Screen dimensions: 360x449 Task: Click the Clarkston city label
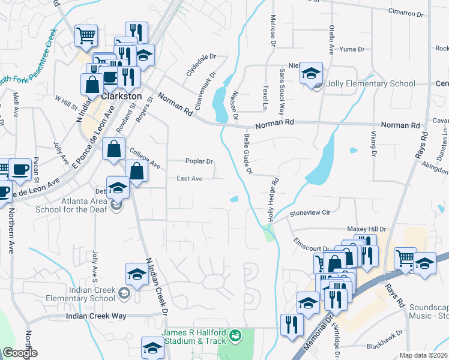point(121,95)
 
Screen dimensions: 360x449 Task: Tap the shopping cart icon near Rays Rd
point(405,259)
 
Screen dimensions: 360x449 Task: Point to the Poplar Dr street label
point(199,161)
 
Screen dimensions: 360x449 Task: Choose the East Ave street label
point(189,178)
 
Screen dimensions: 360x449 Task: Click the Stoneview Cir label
point(310,212)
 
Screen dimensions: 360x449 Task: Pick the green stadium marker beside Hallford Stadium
point(235,334)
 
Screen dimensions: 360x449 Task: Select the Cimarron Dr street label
point(405,12)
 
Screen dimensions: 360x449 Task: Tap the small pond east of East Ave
point(234,199)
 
